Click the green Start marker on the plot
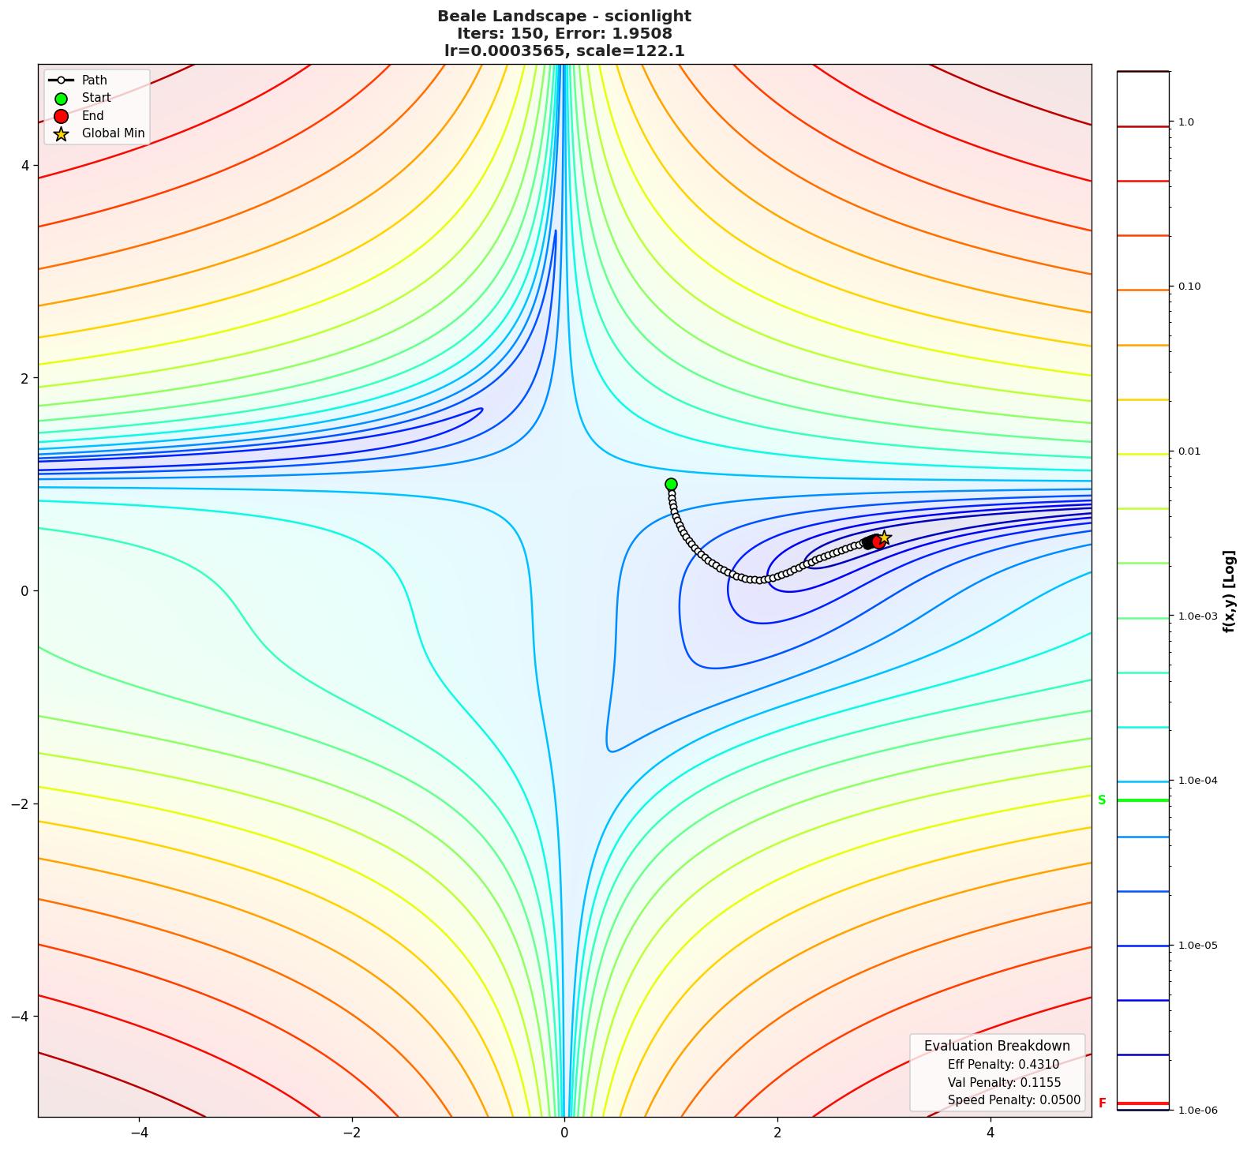(x=671, y=484)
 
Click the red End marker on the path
(x=878, y=541)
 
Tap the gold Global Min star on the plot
(x=884, y=538)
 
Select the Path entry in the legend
(x=94, y=81)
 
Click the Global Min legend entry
(x=113, y=133)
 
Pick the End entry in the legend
(x=92, y=116)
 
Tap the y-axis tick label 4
(x=24, y=166)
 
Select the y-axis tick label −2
(x=21, y=804)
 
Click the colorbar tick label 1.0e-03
(x=1197, y=616)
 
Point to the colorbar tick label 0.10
(x=1189, y=287)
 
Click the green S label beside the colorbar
(x=1102, y=800)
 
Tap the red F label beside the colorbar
(x=1102, y=1103)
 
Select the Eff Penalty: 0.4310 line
(x=1003, y=1065)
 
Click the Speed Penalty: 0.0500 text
(x=1013, y=1100)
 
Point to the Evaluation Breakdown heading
(x=997, y=1046)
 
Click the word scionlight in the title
(x=647, y=16)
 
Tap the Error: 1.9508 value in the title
(x=618, y=33)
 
